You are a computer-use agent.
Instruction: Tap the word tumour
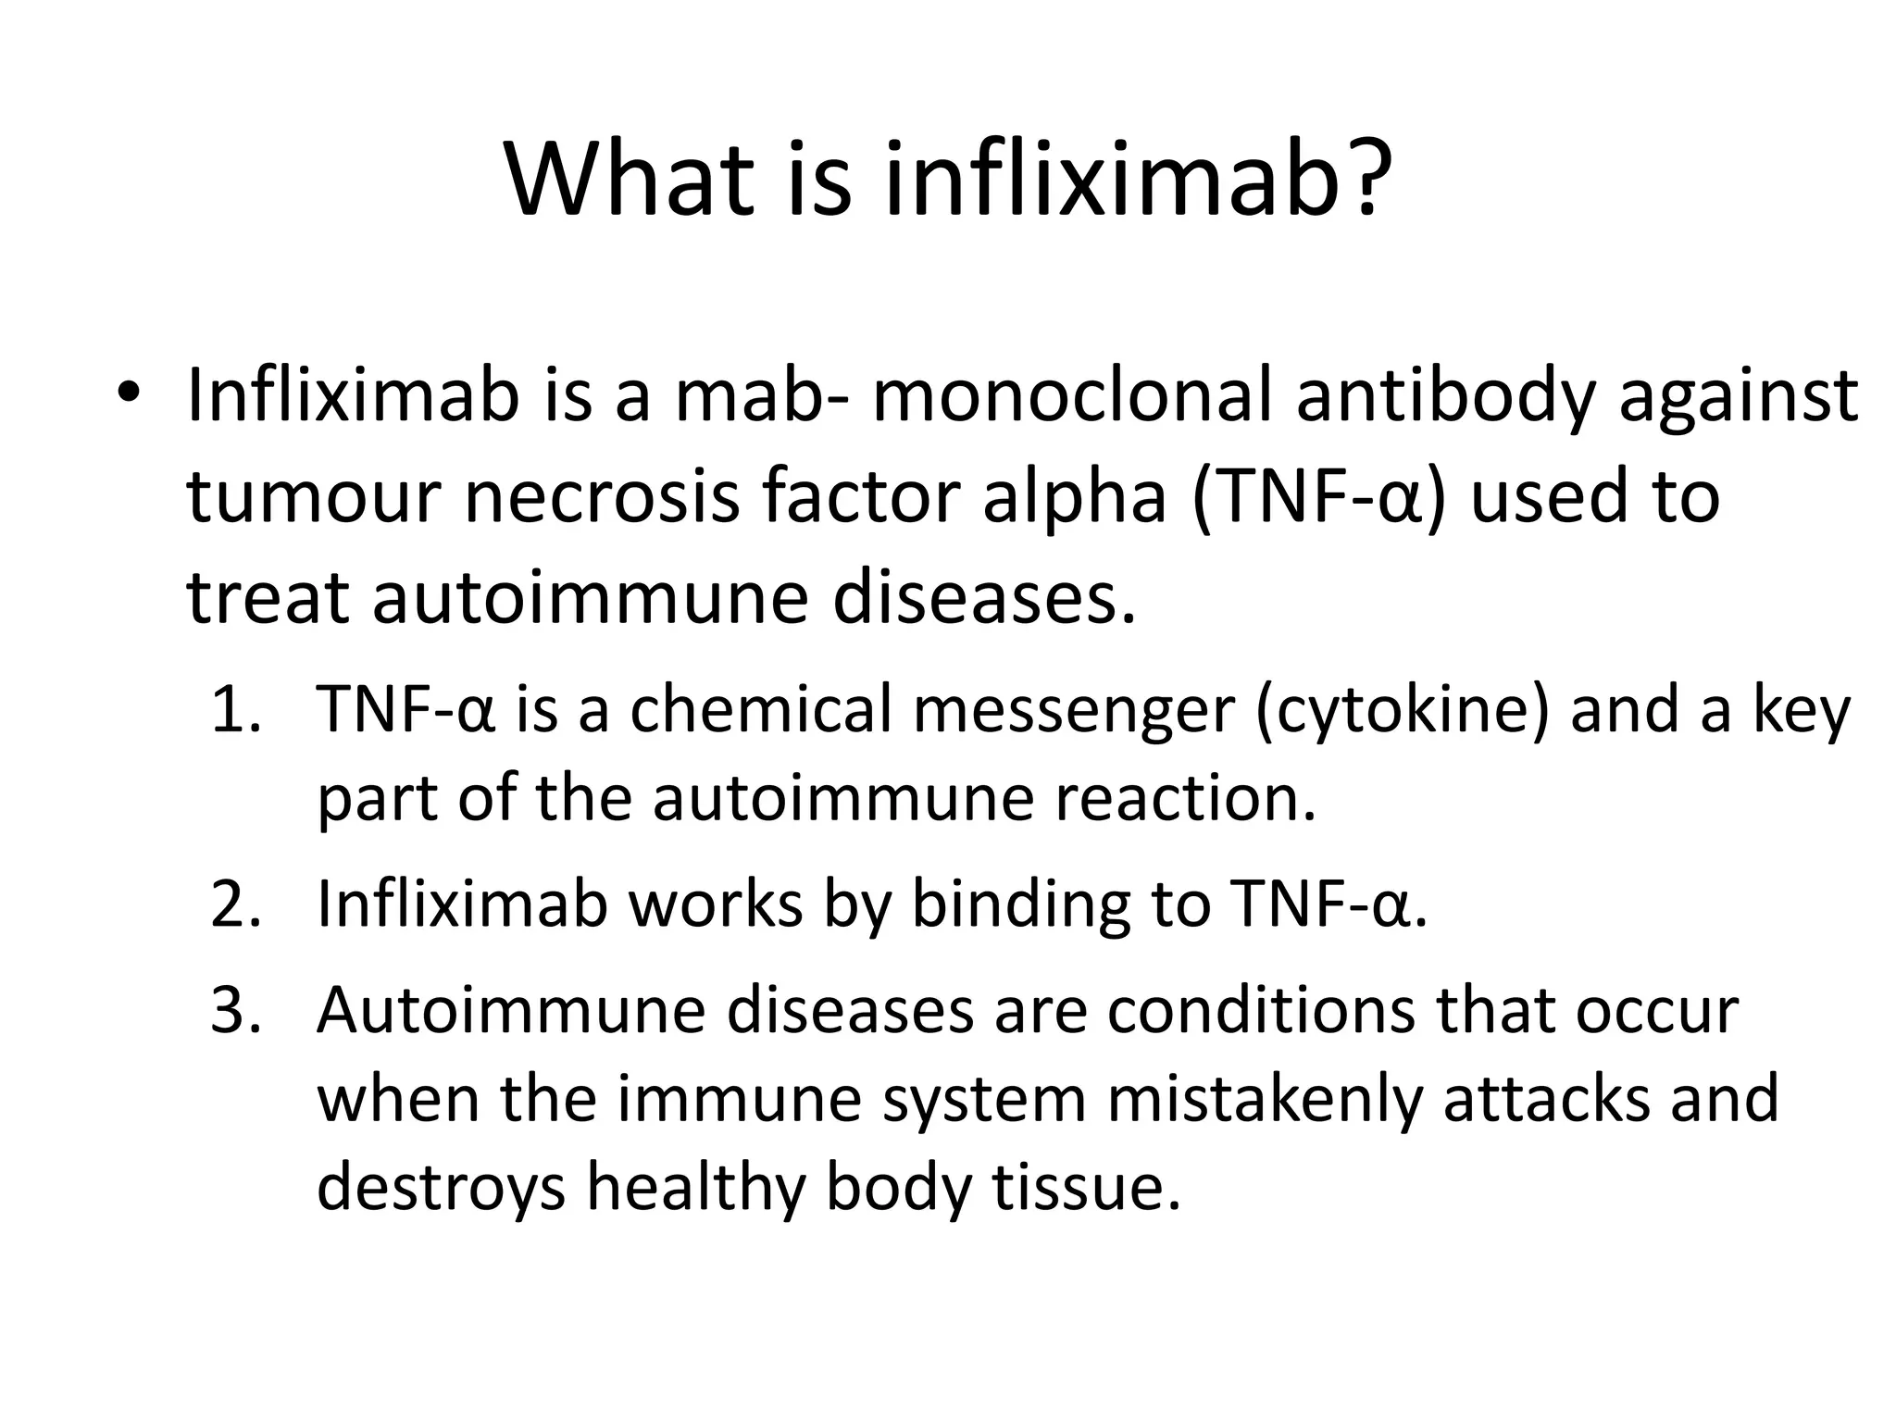[x=311, y=498]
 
